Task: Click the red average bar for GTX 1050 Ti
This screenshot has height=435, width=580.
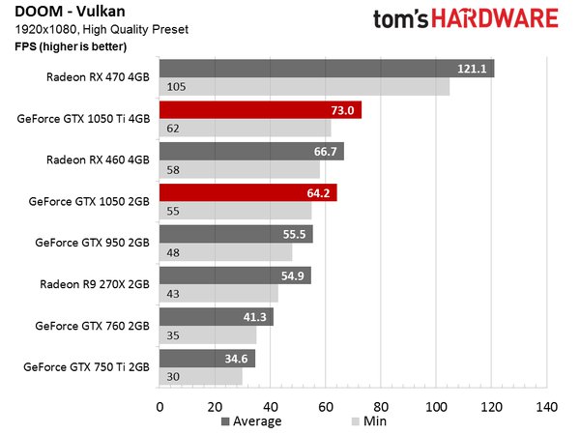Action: [260, 110]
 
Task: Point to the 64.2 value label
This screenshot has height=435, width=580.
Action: [317, 193]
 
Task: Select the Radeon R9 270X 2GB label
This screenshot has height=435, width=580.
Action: [96, 284]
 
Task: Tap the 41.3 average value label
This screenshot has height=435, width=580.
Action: [253, 317]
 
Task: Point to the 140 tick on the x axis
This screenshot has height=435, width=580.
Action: [547, 407]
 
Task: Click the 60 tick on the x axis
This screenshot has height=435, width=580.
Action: [326, 407]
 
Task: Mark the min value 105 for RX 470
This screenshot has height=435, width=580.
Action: [177, 87]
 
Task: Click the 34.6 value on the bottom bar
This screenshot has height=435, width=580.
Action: [235, 359]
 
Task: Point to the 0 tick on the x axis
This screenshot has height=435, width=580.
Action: [159, 407]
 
